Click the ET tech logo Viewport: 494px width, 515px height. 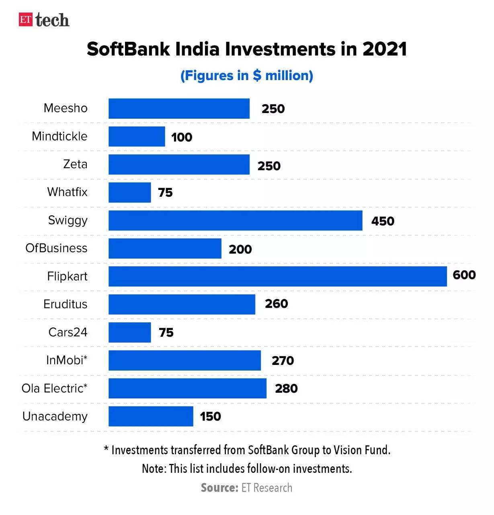click(44, 20)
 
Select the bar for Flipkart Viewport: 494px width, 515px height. click(277, 276)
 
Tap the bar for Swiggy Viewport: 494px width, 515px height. click(235, 220)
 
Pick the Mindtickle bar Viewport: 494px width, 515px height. click(137, 136)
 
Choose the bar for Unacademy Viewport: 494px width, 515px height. click(151, 416)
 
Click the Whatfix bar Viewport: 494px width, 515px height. click(129, 192)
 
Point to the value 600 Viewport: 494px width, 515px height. click(464, 275)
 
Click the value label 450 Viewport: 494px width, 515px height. click(383, 221)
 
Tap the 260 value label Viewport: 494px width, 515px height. click(276, 304)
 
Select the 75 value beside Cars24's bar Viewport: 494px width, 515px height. click(166, 332)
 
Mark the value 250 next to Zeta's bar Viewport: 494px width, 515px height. click(269, 166)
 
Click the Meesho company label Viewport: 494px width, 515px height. click(66, 108)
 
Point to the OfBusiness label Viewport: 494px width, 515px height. click(56, 248)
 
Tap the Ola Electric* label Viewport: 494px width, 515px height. click(54, 388)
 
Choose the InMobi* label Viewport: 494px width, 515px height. click(67, 360)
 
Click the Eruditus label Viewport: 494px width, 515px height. click(65, 304)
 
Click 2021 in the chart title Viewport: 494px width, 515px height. click(385, 49)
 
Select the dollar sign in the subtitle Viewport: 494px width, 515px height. click(257, 76)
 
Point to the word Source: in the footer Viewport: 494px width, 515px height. click(219, 488)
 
